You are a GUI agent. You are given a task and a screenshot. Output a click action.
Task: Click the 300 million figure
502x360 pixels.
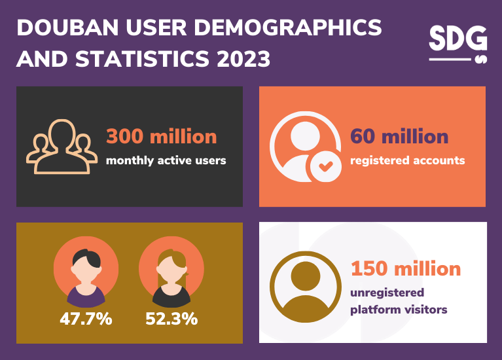[161, 136]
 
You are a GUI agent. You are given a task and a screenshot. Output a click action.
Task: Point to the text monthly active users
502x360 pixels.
[166, 160]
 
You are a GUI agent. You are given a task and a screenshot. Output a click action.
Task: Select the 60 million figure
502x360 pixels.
[399, 136]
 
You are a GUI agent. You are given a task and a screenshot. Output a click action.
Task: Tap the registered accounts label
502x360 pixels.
[407, 160]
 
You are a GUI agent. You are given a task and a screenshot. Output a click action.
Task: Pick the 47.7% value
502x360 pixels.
[86, 319]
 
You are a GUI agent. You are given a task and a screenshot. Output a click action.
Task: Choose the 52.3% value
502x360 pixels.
[171, 319]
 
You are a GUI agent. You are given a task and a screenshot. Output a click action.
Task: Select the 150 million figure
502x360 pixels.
[406, 268]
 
